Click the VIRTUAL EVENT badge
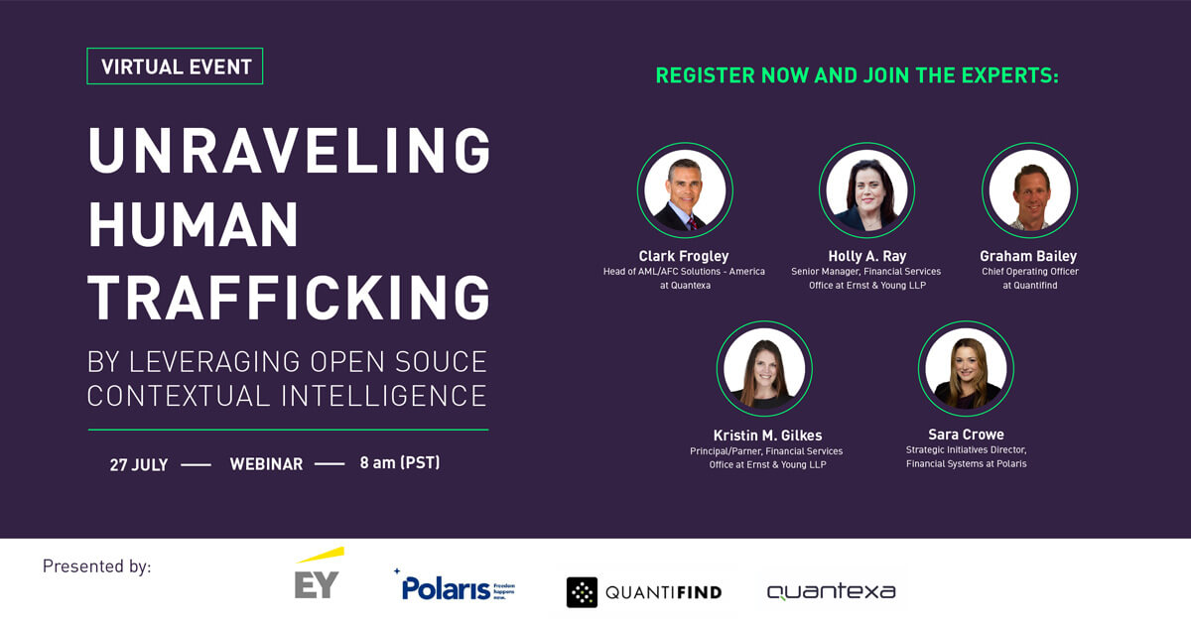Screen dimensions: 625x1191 click(175, 66)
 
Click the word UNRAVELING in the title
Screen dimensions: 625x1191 click(289, 152)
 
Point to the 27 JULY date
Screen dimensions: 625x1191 click(139, 464)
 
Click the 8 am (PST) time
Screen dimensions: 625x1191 click(400, 462)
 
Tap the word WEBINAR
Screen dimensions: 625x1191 click(266, 464)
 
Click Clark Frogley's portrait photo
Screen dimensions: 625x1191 click(684, 190)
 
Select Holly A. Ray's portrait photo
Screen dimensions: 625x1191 click(866, 190)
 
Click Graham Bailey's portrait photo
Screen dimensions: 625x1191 click(1029, 190)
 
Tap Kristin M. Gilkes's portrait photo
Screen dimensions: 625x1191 click(764, 368)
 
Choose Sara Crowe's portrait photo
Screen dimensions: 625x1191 click(966, 368)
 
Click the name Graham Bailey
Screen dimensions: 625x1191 click(1029, 256)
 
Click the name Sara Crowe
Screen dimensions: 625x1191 click(966, 435)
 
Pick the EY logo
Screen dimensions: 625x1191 click(318, 575)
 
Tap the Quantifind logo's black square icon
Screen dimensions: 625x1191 click(582, 592)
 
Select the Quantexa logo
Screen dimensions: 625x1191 click(831, 592)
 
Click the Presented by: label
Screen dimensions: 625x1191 click(96, 566)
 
